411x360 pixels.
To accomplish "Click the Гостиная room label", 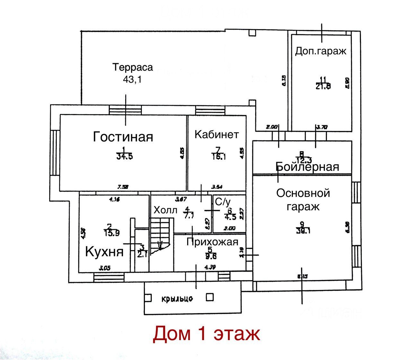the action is click(123, 137).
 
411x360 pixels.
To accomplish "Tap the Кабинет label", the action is click(217, 134).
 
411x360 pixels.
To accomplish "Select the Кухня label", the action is click(104, 252).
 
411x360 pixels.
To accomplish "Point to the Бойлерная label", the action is click(307, 167).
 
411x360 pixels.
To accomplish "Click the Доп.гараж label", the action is click(321, 51).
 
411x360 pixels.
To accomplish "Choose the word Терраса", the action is click(133, 67).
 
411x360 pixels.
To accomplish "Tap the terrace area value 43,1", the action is click(132, 79).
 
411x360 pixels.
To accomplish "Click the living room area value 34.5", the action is click(124, 156).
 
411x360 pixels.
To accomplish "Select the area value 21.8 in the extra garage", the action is click(323, 86).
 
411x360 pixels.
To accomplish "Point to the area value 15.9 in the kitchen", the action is click(112, 233).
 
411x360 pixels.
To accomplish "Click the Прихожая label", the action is click(212, 242).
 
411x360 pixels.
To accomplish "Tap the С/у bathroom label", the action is click(223, 202).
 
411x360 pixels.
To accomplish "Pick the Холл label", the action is click(165, 210).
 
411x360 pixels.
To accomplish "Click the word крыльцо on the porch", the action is click(177, 299).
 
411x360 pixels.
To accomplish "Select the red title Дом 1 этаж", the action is click(206, 333).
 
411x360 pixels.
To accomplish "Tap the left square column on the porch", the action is click(148, 298).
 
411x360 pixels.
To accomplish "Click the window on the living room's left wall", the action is click(55, 153).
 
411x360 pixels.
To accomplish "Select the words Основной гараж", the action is click(303, 199).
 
